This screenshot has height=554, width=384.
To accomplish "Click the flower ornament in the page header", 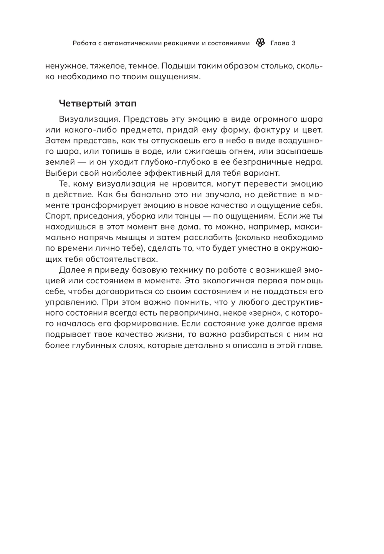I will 260,43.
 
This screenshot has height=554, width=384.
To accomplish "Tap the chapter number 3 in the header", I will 294,43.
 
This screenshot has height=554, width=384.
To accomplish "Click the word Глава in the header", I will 280,43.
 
